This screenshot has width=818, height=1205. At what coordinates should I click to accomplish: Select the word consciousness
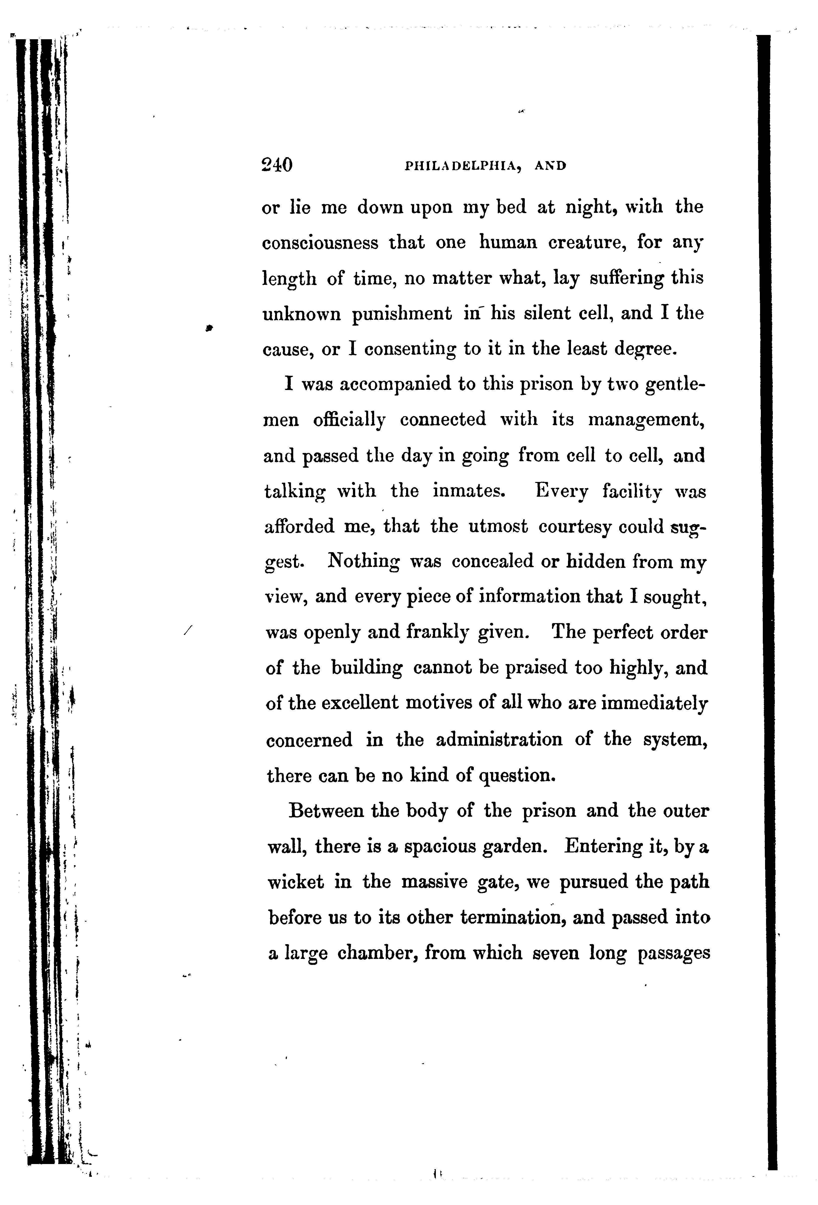point(320,243)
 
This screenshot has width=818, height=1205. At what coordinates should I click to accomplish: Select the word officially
point(349,420)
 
